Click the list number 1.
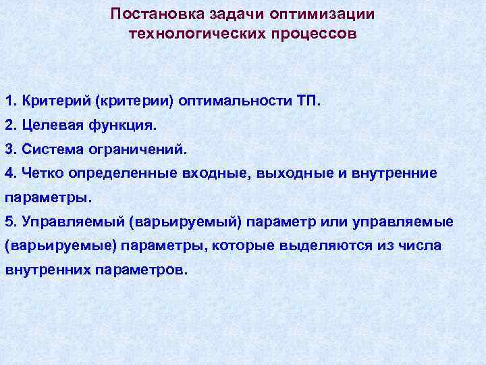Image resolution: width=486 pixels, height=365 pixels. (9, 101)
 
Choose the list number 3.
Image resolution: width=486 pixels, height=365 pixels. (9, 149)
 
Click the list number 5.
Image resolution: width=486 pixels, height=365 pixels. (9, 221)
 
